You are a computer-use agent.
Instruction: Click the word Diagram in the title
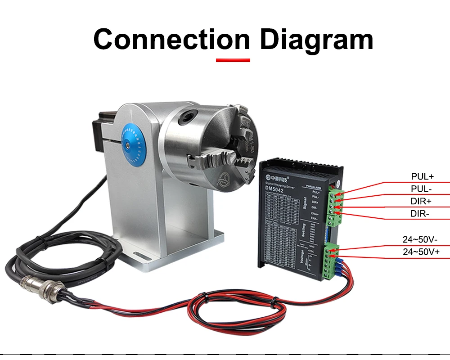(x=316, y=40)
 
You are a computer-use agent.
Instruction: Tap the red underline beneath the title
(x=233, y=60)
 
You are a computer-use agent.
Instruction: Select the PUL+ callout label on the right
(x=422, y=176)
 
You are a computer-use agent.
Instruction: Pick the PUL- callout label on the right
(x=421, y=189)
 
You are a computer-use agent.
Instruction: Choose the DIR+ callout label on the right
(x=421, y=201)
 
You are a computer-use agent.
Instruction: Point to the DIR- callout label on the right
(x=420, y=213)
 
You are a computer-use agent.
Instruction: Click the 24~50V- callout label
(x=420, y=239)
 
